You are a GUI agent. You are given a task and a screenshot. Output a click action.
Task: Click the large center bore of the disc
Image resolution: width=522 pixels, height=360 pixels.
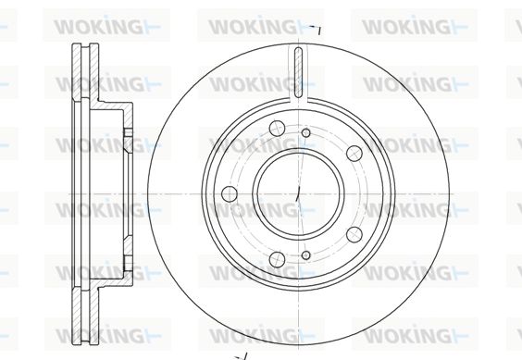pos(298,193)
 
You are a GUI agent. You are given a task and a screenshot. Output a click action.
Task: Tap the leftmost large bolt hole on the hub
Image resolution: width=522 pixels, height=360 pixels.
pos(229,193)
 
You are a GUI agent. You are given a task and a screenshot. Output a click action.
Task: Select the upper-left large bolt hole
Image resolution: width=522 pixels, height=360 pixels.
pos(278,129)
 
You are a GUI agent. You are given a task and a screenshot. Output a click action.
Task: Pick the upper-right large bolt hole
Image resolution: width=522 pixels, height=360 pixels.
pos(354,153)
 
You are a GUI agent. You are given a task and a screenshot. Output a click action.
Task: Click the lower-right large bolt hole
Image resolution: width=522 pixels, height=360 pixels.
pos(354,234)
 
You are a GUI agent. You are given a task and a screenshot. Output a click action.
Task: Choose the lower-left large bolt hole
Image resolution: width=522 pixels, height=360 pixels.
pos(277,259)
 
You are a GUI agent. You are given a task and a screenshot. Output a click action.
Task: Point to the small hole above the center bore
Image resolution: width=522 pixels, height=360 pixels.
pos(305,133)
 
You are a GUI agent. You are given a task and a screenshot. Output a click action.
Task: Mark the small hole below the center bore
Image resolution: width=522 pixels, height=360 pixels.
pos(306,255)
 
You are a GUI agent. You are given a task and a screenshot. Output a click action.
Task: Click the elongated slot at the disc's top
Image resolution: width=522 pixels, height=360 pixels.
pos(299,72)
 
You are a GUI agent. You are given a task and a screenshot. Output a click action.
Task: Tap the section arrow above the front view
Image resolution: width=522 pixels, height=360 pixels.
pos(316,29)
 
